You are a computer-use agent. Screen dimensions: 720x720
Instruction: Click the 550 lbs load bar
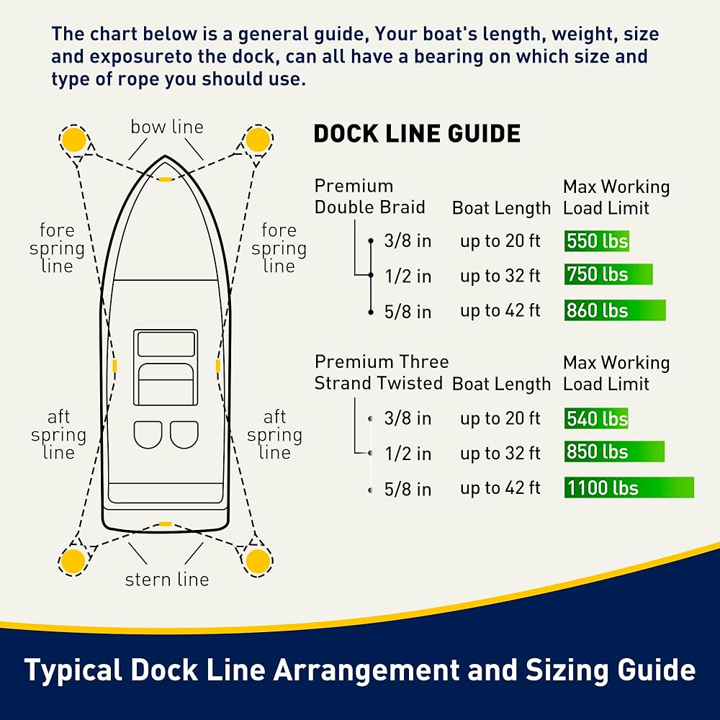pyautogui.click(x=597, y=240)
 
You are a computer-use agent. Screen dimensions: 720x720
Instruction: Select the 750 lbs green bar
pyautogui.click(x=608, y=274)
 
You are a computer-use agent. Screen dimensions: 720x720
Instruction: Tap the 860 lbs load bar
pyautogui.click(x=615, y=310)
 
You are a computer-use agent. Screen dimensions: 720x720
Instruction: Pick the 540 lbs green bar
pyautogui.click(x=596, y=418)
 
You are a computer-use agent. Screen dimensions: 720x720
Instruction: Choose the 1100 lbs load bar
pyautogui.click(x=629, y=487)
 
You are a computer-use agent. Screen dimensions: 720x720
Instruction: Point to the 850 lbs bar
pyautogui.click(x=614, y=452)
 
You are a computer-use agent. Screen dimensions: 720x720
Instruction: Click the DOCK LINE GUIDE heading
pyautogui.click(x=417, y=134)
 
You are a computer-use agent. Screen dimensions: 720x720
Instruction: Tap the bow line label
pyautogui.click(x=167, y=127)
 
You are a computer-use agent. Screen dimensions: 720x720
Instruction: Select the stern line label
pyautogui.click(x=167, y=580)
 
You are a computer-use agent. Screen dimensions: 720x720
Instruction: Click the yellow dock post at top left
pyautogui.click(x=73, y=138)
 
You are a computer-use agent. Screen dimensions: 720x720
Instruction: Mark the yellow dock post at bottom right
pyautogui.click(x=257, y=561)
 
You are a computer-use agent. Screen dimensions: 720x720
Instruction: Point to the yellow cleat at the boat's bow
pyautogui.click(x=166, y=179)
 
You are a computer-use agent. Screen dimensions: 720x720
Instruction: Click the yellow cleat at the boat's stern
pyautogui.click(x=166, y=523)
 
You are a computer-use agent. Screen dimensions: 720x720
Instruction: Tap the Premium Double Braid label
pyautogui.click(x=369, y=197)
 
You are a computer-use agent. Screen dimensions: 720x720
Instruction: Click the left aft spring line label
pyautogui.click(x=58, y=435)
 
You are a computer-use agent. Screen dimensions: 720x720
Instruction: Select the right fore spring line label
pyautogui.click(x=279, y=248)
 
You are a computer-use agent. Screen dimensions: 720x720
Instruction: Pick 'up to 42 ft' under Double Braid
pyautogui.click(x=500, y=310)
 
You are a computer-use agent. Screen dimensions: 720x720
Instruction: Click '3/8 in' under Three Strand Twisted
pyautogui.click(x=408, y=418)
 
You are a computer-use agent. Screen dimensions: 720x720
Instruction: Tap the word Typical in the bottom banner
pyautogui.click(x=73, y=670)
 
